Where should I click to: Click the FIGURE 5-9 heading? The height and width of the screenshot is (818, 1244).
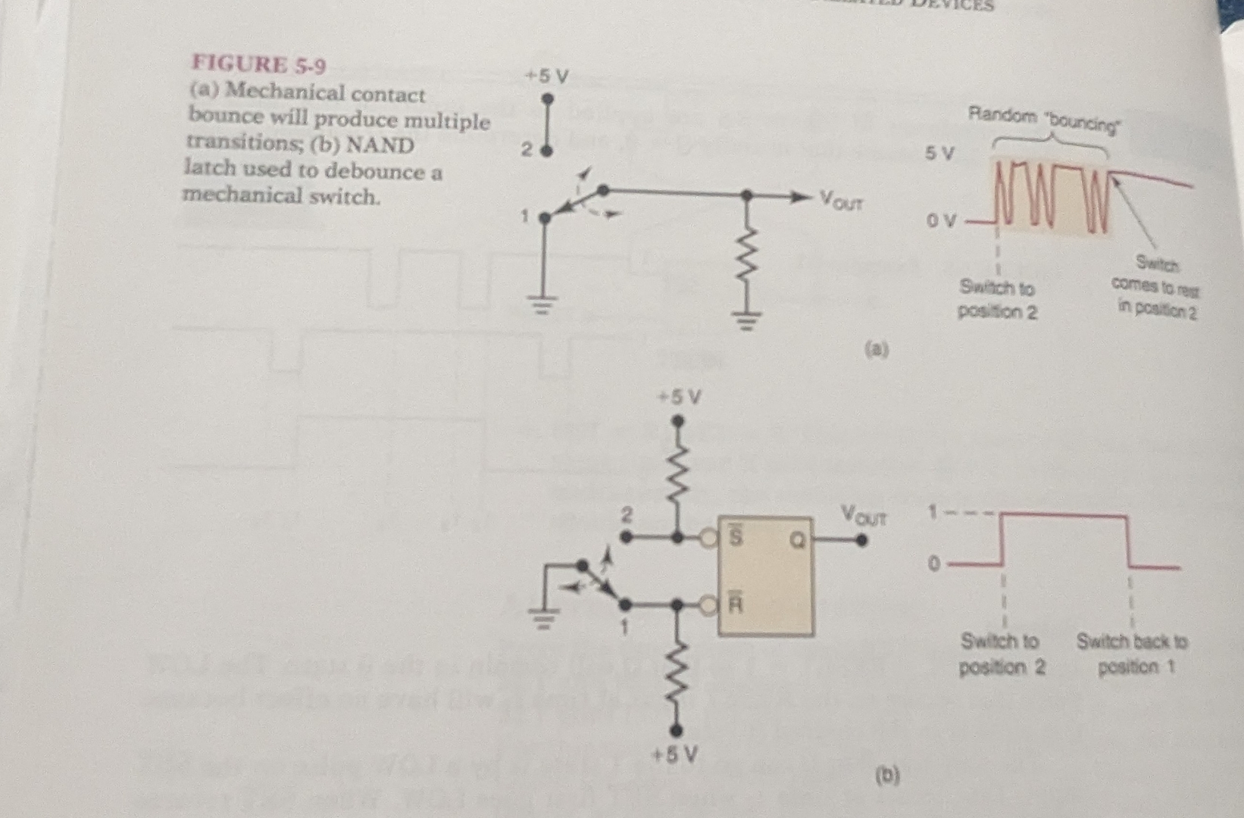coord(259,65)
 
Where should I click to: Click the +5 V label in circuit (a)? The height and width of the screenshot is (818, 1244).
coord(547,76)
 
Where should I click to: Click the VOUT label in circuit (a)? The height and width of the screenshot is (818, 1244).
coord(841,201)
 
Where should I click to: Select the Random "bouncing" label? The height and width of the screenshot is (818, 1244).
coord(1043,119)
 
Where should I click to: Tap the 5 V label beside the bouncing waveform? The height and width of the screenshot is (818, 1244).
coord(939,154)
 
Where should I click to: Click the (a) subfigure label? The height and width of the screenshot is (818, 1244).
coord(876,349)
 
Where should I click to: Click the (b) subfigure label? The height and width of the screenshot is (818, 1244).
coord(887,775)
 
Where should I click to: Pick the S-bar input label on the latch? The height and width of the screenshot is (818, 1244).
coord(735,535)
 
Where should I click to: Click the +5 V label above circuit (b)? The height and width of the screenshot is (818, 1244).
coord(680,397)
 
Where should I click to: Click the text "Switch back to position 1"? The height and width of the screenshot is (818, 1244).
coord(1132,654)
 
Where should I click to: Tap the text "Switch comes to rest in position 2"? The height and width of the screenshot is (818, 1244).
coord(1155,287)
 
